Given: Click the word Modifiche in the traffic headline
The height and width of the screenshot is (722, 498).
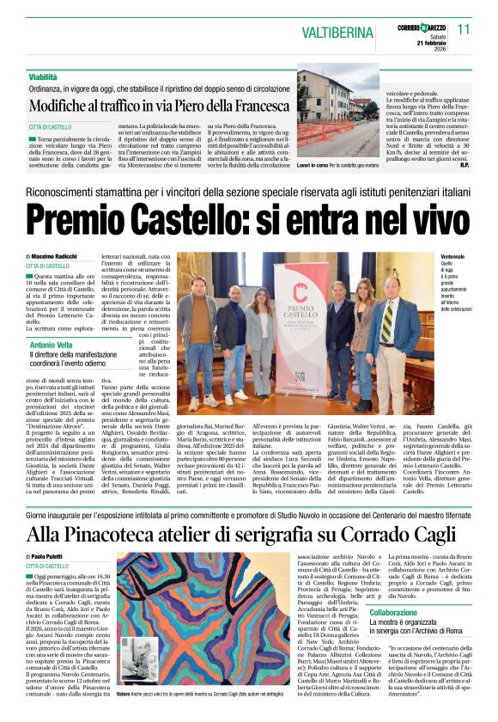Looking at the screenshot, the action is pos(66,106).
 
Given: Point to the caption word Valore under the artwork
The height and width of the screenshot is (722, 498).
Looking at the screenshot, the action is pos(124,693).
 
